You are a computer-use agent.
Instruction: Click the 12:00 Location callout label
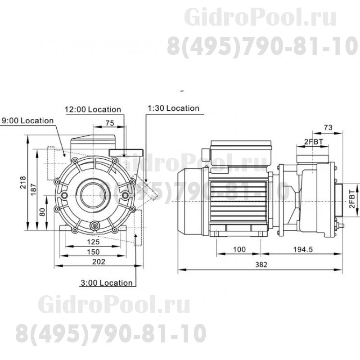[x=93, y=109]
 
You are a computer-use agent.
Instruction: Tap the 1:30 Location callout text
[x=173, y=108]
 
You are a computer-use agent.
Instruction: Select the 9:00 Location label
[x=28, y=121]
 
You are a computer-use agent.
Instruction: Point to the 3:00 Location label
[x=107, y=283]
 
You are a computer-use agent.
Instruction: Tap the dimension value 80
[x=42, y=211]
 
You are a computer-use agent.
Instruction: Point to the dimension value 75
[x=108, y=123]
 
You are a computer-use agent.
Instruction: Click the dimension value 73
[x=328, y=128]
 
